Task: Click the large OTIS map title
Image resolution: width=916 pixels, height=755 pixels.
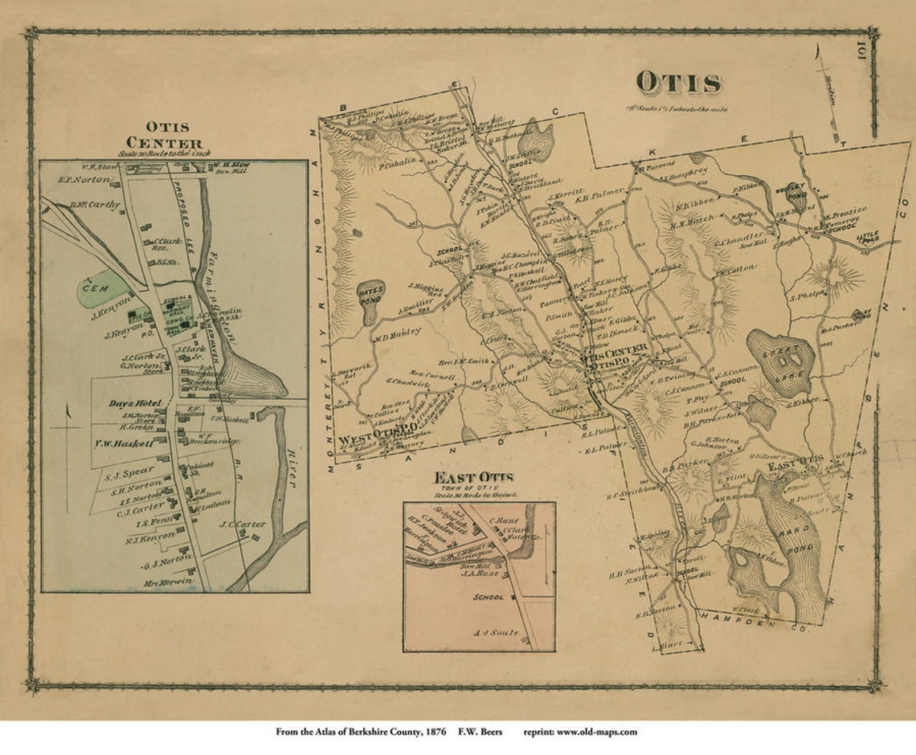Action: pyautogui.click(x=678, y=82)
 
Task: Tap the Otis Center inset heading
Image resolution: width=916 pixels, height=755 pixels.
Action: pyautogui.click(x=174, y=135)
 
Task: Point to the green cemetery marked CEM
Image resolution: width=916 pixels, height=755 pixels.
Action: pyautogui.click(x=103, y=286)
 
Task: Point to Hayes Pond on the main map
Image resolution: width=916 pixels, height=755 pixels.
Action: pyautogui.click(x=371, y=296)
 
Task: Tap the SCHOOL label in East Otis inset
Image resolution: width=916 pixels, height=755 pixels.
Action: pyautogui.click(x=489, y=598)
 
